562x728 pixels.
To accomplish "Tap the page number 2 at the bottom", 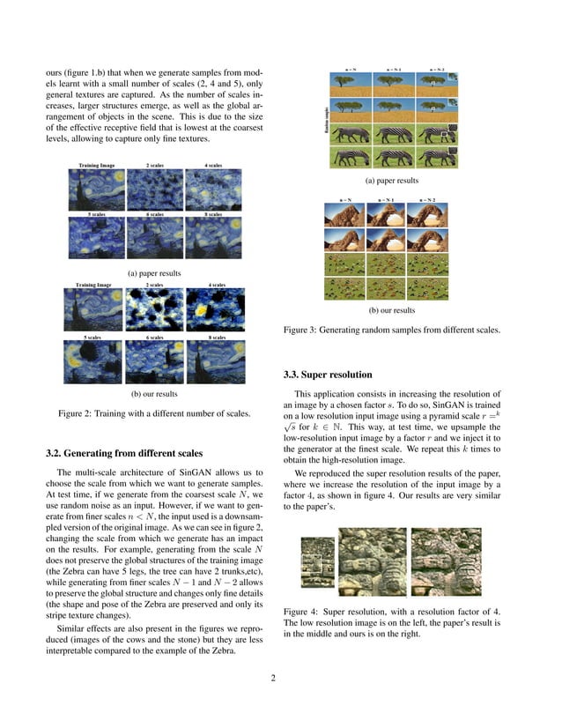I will click(x=274, y=678).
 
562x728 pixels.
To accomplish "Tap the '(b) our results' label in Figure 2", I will click(x=154, y=393).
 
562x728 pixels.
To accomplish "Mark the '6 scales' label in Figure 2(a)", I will click(x=154, y=214).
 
